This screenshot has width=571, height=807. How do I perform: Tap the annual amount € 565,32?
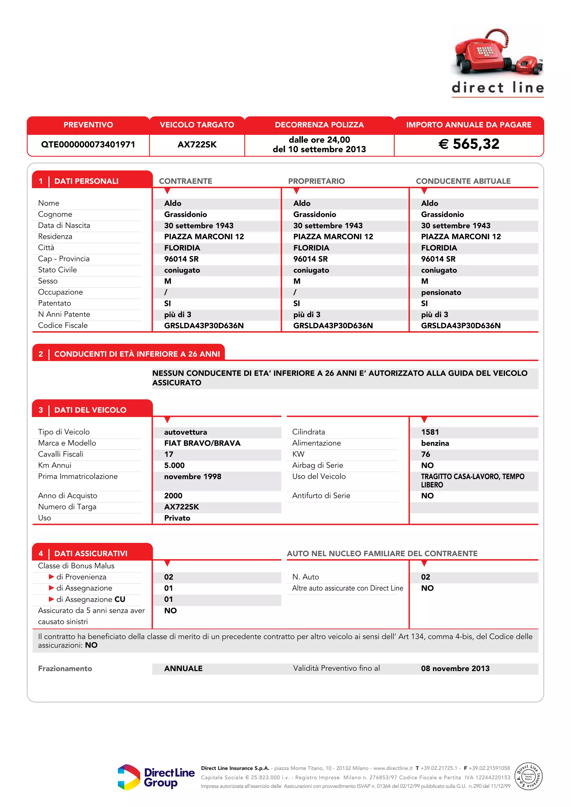(x=469, y=144)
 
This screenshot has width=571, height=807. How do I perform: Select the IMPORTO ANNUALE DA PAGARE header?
(x=469, y=125)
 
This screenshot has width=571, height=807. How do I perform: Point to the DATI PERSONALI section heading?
(x=86, y=181)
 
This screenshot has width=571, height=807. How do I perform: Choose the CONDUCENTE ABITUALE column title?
(x=463, y=181)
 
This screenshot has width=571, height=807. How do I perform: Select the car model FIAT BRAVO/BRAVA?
(x=202, y=443)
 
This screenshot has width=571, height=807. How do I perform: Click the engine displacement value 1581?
(x=430, y=432)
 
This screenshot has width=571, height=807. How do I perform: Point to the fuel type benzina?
(x=435, y=443)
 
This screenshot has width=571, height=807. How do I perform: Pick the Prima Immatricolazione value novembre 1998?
(x=193, y=477)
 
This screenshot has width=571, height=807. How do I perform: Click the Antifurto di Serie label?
(x=321, y=495)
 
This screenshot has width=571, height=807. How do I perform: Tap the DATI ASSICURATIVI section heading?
(x=91, y=554)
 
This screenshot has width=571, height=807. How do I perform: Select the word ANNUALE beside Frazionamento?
(x=183, y=669)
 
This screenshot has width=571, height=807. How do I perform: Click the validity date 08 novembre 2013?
(x=455, y=669)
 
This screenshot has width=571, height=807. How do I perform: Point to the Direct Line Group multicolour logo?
(x=129, y=777)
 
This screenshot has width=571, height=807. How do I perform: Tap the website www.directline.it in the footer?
(x=393, y=768)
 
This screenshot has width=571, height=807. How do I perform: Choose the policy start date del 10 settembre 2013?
(x=319, y=149)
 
